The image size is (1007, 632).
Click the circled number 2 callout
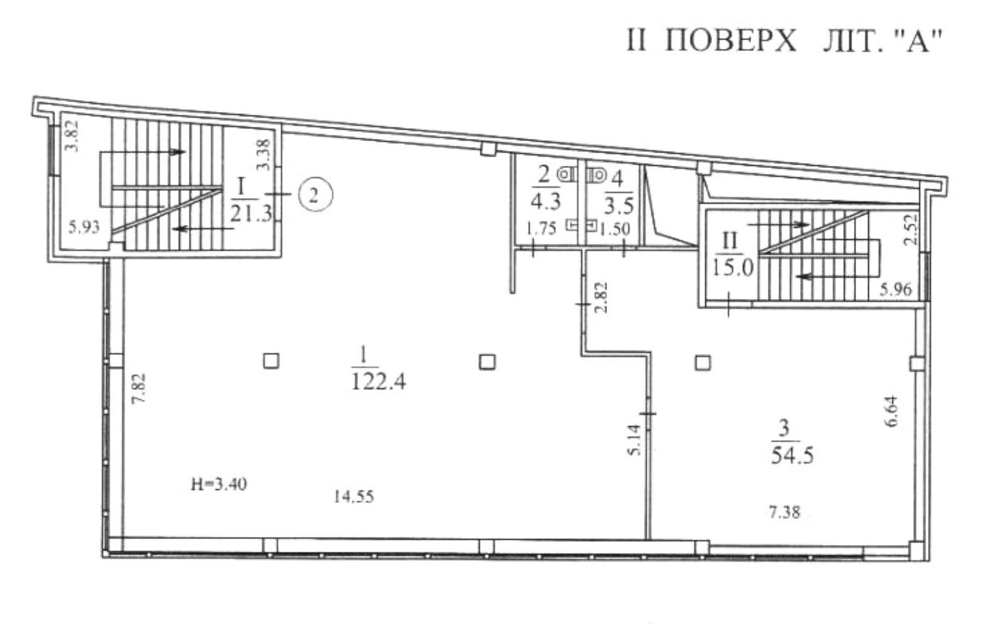click(315, 196)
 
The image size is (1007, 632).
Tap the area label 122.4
click(378, 382)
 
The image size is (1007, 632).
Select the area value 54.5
click(792, 455)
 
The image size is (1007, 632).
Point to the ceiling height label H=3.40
click(219, 484)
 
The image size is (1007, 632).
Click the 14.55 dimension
click(354, 497)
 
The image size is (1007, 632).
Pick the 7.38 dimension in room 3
click(784, 512)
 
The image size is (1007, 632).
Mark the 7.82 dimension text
click(139, 389)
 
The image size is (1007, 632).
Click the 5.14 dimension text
click(634, 440)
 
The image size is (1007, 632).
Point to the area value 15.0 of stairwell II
click(733, 269)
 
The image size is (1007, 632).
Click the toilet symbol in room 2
click(567, 174)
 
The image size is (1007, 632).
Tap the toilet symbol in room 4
click(597, 174)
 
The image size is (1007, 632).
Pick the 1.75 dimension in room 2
click(541, 229)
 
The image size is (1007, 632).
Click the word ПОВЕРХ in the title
click(731, 41)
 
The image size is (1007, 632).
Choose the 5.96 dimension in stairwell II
click(896, 289)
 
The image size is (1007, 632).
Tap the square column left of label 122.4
click(271, 361)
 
